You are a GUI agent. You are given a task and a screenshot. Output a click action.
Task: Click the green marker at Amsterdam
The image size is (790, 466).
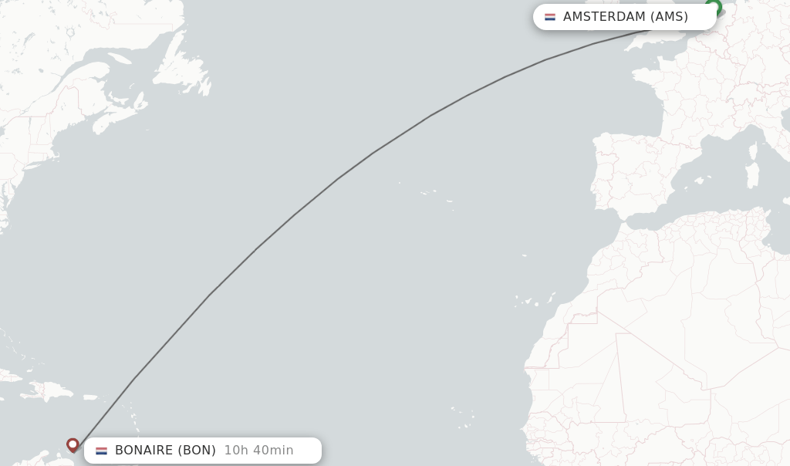point(714,8)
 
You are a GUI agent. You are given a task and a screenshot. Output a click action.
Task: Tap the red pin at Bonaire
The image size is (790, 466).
point(73,444)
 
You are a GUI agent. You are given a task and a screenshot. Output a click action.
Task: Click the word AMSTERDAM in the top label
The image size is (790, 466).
point(604,17)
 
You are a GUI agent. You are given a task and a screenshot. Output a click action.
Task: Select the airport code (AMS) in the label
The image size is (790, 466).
point(669,17)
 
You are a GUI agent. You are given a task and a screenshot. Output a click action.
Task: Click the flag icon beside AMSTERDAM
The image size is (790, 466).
point(550,17)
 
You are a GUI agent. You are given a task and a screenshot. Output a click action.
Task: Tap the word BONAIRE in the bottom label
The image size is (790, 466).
point(144,451)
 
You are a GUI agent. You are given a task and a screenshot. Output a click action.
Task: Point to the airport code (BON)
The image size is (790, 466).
point(197,451)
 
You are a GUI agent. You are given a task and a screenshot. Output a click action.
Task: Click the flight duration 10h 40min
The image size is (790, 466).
point(258,451)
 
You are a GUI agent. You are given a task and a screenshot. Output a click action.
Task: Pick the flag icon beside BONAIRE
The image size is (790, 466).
point(101,451)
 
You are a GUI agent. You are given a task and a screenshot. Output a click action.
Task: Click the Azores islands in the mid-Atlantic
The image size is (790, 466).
point(432,194)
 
